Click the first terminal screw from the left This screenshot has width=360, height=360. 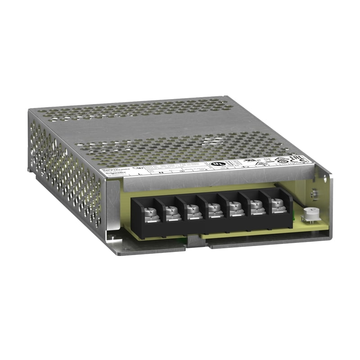(150, 211)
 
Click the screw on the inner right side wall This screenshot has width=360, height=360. (315, 193)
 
